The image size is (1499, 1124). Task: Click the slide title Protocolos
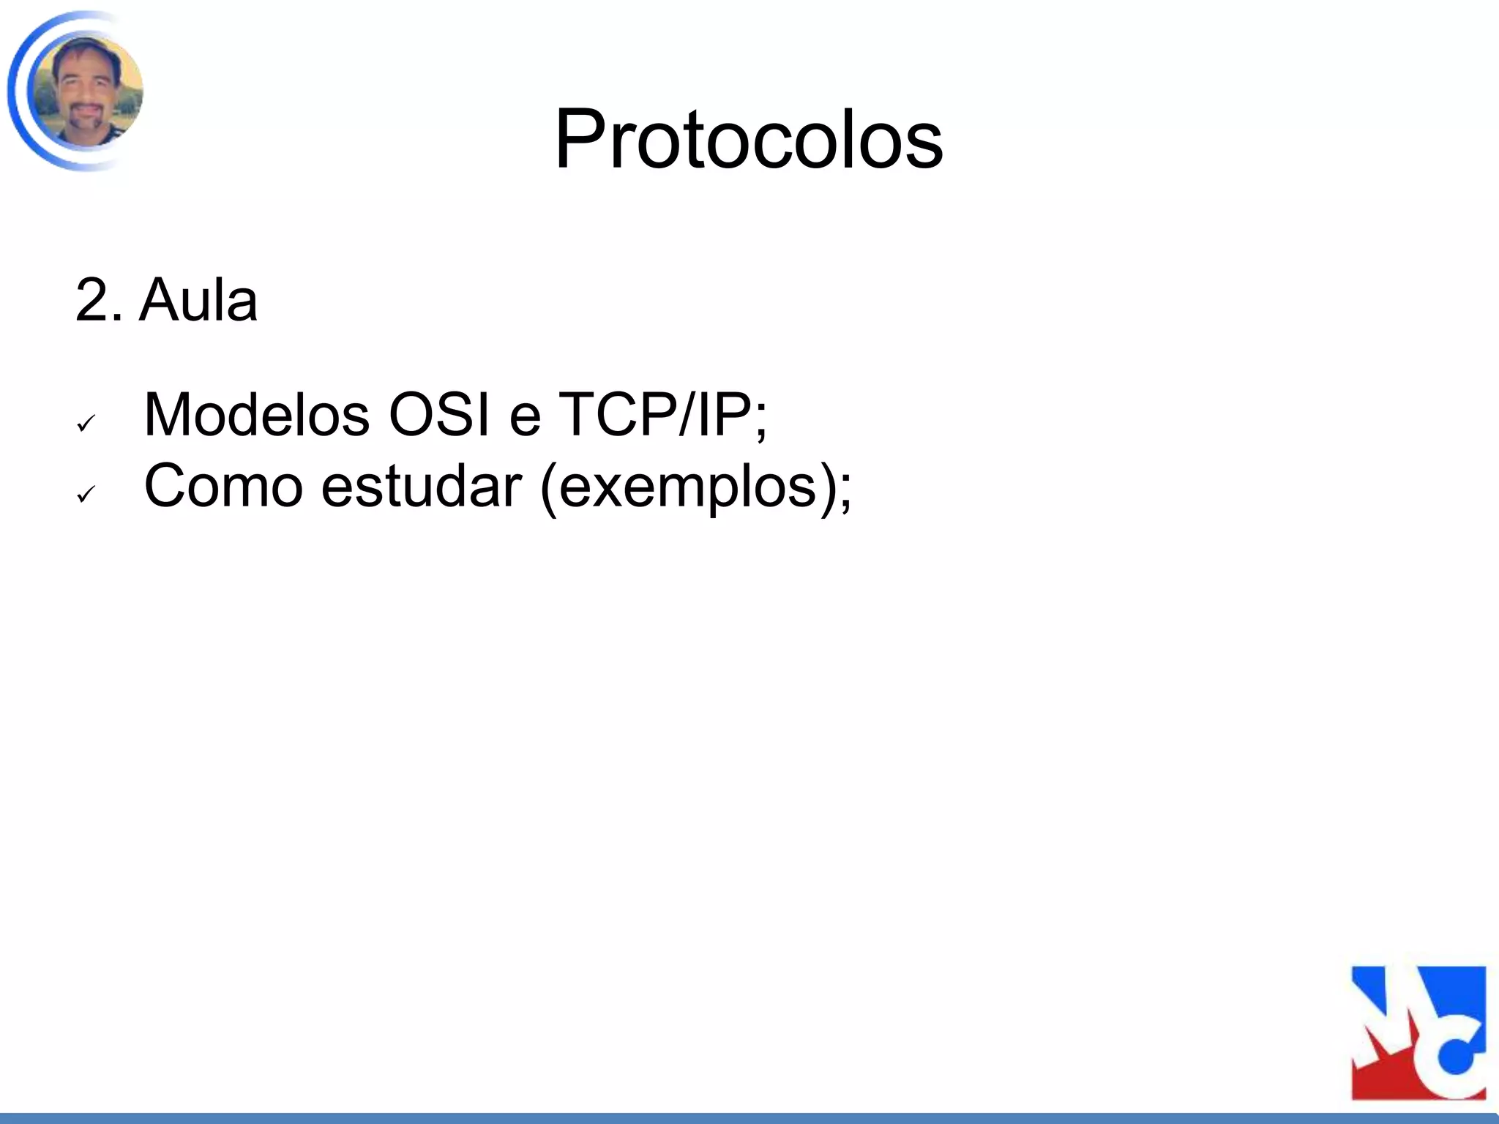tap(749, 139)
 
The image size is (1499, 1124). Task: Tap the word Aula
tap(198, 301)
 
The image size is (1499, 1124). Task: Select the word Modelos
tap(256, 415)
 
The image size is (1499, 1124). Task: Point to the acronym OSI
tap(438, 415)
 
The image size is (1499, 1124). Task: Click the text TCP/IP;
tap(662, 415)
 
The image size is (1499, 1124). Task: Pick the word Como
tap(223, 486)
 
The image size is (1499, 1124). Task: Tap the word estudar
tap(422, 486)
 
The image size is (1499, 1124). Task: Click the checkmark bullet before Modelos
tap(86, 423)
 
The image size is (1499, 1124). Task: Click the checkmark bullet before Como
tap(86, 495)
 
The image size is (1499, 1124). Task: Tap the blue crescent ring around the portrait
tap(16, 91)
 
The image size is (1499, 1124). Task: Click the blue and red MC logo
tap(1418, 1033)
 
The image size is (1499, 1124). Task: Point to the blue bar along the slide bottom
tap(749, 1118)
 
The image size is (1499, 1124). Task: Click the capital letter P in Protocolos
tap(582, 139)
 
